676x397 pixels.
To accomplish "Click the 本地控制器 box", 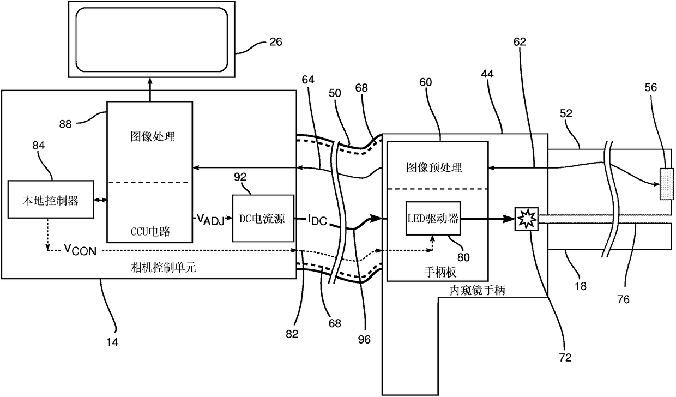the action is click(51, 199).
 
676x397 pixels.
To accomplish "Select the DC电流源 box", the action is click(263, 218).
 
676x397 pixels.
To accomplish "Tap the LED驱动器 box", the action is click(433, 218).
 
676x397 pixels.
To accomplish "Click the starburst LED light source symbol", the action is click(526, 219).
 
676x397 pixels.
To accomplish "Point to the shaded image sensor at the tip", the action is click(666, 184).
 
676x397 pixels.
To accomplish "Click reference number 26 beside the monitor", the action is click(275, 42).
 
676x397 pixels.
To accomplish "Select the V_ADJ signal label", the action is click(210, 219).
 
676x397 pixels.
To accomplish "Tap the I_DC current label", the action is click(317, 220).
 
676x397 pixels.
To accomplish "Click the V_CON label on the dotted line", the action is click(80, 250).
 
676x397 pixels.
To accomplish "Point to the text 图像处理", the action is click(153, 136).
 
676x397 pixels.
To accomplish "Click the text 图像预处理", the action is click(434, 167).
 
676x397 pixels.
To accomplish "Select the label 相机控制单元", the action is click(163, 268).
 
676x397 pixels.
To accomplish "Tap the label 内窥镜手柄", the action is click(478, 291).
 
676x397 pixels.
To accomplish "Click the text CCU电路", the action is click(150, 232).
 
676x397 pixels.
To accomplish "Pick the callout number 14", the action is click(112, 342).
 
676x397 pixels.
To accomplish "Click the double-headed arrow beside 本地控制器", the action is click(100, 200).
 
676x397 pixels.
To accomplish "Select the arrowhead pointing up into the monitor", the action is click(150, 81).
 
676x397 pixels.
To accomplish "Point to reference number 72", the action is click(565, 358).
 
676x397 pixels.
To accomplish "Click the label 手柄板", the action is click(440, 273).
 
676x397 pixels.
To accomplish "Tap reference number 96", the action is click(364, 340).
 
